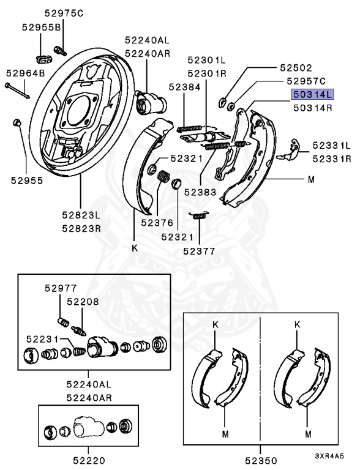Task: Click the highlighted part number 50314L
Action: [312, 95]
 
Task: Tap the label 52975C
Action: [64, 13]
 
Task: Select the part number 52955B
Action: [42, 28]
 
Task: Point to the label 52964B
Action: [25, 73]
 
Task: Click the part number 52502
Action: [296, 68]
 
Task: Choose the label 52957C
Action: [306, 81]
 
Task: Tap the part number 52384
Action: [184, 87]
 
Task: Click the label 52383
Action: [200, 192]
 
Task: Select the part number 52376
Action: [157, 223]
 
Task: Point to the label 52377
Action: [199, 251]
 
